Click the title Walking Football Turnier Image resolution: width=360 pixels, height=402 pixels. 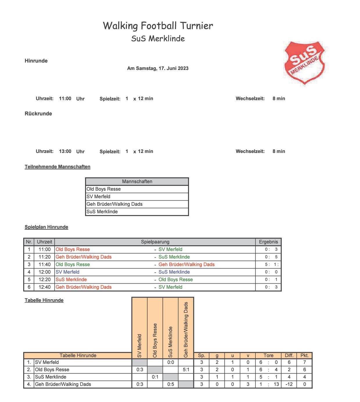point(158,26)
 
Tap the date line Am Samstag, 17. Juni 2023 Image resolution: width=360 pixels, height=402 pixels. point(158,68)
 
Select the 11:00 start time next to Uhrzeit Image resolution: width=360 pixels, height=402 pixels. point(65,99)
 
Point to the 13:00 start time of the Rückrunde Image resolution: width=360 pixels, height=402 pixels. point(65,152)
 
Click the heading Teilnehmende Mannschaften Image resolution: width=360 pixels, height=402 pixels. point(57,167)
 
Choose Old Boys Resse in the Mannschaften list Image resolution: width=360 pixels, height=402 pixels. point(104,189)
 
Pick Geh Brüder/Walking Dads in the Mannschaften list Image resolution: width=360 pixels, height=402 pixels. point(114,204)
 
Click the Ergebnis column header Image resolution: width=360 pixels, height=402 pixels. point(268,242)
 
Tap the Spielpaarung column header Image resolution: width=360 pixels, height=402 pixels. point(155,242)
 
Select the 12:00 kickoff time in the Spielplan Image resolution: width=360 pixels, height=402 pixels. point(44,272)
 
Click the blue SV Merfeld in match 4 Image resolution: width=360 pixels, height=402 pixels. point(67,272)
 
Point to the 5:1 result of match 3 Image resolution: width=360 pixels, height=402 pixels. point(271,265)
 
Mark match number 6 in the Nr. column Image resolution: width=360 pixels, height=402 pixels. point(29,287)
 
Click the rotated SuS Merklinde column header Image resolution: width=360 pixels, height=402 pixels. point(170,342)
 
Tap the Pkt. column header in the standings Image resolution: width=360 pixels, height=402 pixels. point(304,356)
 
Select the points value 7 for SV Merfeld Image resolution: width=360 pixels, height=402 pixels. point(304,363)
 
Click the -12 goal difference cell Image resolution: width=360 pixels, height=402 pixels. point(289,385)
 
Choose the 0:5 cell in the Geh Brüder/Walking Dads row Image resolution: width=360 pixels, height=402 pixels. point(170,385)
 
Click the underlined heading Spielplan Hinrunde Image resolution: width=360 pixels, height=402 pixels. point(46,227)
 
